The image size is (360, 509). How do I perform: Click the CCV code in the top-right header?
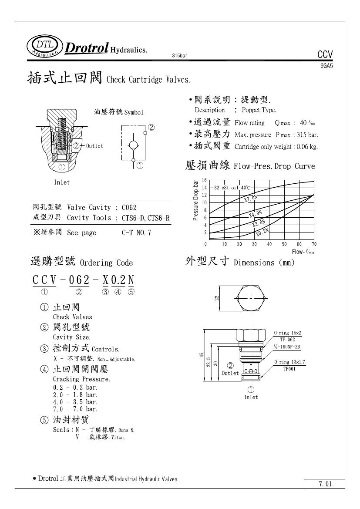tap(325, 54)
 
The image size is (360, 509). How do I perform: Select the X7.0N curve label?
tap(251, 199)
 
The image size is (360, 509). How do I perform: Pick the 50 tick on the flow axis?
tap(284, 245)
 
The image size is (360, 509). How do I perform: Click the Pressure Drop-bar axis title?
tap(196, 201)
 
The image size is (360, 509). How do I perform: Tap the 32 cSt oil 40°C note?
tap(232, 188)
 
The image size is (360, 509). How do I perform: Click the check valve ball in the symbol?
tap(133, 145)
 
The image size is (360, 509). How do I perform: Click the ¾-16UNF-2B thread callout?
tap(287, 347)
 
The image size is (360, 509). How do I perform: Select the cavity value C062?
tap(129, 208)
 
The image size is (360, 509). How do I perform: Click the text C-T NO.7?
tap(137, 233)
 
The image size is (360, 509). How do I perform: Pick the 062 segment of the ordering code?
tap(79, 280)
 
